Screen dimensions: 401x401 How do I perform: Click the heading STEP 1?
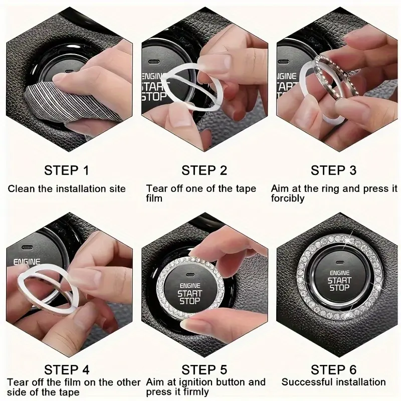(67, 170)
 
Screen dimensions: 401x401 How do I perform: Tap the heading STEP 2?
(204, 170)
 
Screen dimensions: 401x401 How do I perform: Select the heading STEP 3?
(333, 170)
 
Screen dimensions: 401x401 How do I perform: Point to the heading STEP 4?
(67, 369)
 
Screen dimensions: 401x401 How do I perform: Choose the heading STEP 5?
(204, 369)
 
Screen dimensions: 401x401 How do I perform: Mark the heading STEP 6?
(333, 369)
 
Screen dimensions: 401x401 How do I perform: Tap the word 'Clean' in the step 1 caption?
(22, 189)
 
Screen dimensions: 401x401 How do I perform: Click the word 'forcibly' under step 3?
(288, 198)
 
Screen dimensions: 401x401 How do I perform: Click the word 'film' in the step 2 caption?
(154, 198)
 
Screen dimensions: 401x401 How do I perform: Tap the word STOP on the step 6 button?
(339, 288)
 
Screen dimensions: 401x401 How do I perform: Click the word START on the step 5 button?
(190, 294)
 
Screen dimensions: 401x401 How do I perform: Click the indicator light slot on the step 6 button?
(340, 263)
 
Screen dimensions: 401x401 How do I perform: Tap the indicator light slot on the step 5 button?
(190, 275)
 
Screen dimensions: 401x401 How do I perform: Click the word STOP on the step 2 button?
(154, 96)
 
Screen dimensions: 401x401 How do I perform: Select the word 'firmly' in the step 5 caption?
(197, 392)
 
